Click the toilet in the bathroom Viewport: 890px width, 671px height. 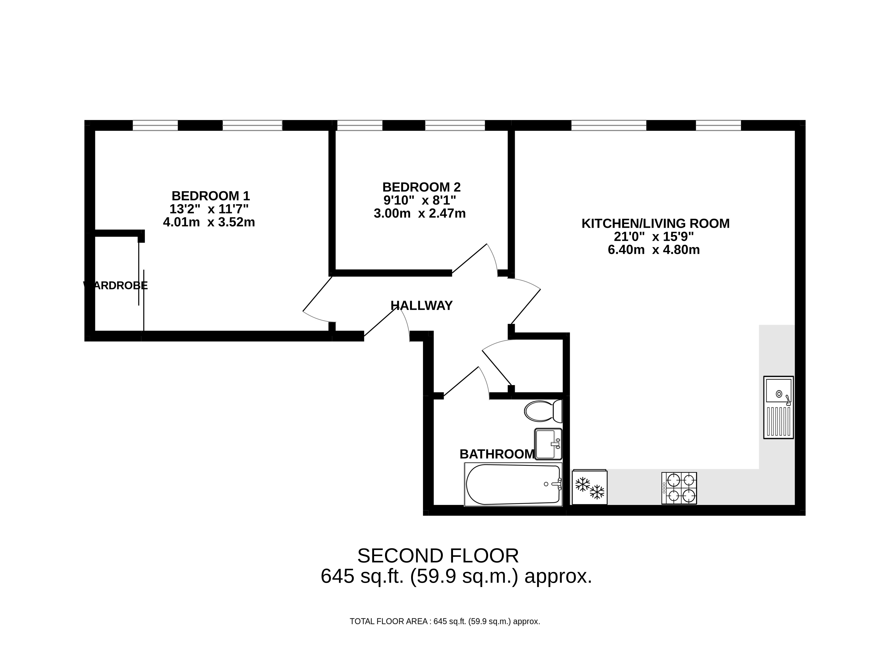[543, 411]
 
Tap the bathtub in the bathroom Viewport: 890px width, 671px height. [513, 484]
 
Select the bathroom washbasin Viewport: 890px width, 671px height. [548, 444]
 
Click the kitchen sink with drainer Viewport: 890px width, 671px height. [779, 407]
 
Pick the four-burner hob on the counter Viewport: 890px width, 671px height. [679, 488]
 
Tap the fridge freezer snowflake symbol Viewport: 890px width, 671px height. [590, 487]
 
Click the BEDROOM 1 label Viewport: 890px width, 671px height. [211, 196]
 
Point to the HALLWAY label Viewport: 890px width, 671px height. [422, 306]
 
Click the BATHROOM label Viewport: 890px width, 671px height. [497, 454]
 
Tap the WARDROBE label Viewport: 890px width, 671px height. [115, 286]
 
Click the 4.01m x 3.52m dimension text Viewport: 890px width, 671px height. [209, 222]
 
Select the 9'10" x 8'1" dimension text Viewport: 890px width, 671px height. [420, 200]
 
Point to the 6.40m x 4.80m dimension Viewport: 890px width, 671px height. [654, 250]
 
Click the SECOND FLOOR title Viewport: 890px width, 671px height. [438, 556]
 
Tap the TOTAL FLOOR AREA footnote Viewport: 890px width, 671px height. [445, 622]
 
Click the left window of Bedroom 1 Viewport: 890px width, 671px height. [155, 125]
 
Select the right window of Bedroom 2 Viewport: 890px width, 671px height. [455, 125]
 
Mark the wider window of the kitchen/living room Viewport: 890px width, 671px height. [609, 125]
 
